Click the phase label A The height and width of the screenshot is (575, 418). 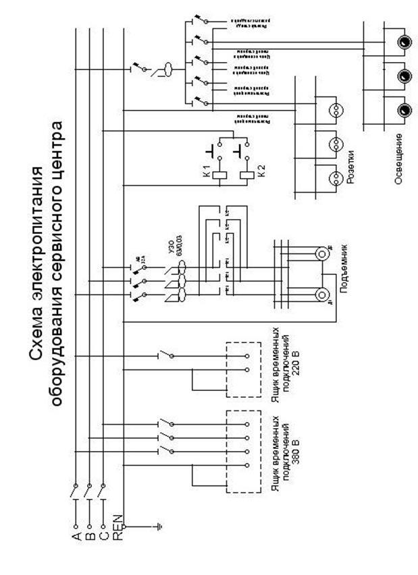pyautogui.click(x=76, y=537)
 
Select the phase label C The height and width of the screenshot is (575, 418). pyautogui.click(x=102, y=537)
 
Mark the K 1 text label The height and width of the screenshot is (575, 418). pyautogui.click(x=205, y=170)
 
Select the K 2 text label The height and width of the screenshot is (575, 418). pyautogui.click(x=262, y=170)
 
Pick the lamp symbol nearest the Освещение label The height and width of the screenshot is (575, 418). pyautogui.click(x=403, y=108)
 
